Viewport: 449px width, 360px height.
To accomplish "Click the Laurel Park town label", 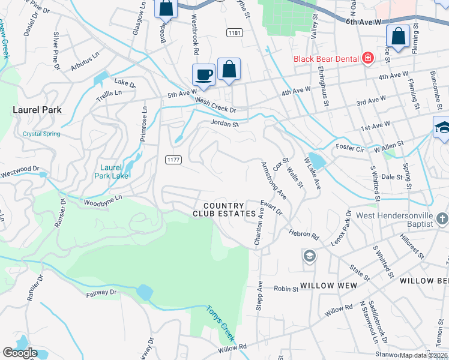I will (x=37, y=110).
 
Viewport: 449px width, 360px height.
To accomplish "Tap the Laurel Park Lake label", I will (x=111, y=172).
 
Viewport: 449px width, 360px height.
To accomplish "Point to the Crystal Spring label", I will (x=41, y=134).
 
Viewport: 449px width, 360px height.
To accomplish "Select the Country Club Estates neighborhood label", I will (x=228, y=209).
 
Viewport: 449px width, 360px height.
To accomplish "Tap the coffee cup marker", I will (x=203, y=74).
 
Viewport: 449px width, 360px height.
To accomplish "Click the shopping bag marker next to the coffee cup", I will (x=229, y=69).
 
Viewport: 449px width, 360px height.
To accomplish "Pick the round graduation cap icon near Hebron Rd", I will (x=309, y=256).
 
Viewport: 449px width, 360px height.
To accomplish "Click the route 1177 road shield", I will (x=173, y=159).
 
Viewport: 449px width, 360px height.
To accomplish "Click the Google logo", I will (x=20, y=353).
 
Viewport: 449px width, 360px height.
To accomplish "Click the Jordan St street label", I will (x=224, y=124).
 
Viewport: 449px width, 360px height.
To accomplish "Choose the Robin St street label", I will (x=286, y=289).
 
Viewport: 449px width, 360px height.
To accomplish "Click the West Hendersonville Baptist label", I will (x=394, y=220).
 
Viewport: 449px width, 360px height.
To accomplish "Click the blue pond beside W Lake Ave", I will (x=316, y=161).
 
